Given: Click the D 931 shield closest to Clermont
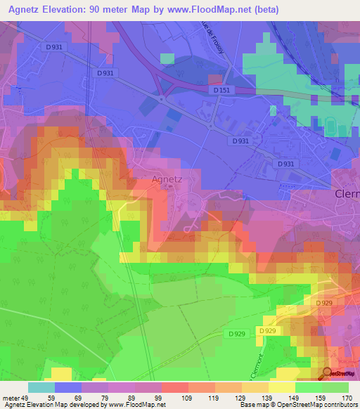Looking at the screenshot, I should point(285,163).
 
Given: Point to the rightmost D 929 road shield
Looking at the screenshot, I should point(323,303).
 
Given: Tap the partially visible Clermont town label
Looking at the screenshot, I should point(346,195).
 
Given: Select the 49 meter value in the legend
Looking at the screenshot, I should point(25,397).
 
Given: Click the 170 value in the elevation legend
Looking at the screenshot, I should point(346,397).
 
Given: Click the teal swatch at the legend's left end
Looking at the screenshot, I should point(41,387).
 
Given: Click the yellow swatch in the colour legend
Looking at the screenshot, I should point(281,387).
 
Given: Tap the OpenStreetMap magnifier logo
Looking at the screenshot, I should point(327,373).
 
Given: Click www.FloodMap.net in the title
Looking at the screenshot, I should point(214,9).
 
